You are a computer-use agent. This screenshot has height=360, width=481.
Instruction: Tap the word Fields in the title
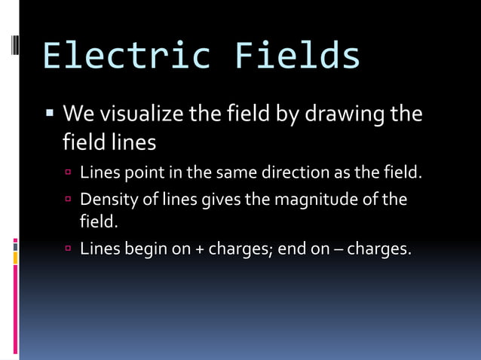coord(297,57)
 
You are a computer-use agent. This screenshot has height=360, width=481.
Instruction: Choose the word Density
coord(106,200)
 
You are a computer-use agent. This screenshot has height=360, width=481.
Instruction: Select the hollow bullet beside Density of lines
coord(68,200)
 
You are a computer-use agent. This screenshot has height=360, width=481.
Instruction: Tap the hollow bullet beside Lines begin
coord(68,249)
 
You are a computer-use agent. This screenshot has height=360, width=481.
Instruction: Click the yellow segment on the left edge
coord(15,258)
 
